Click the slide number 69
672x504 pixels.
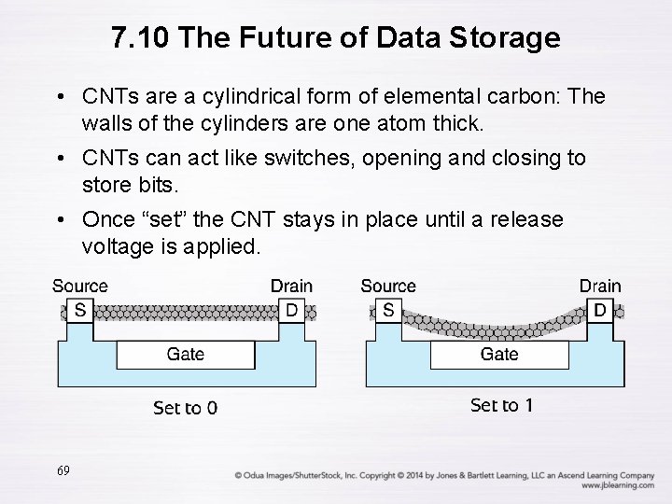pyautogui.click(x=63, y=471)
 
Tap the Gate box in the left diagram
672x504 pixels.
pyautogui.click(x=185, y=355)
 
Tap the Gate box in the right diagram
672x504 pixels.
pyautogui.click(x=499, y=355)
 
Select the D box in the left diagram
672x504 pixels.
pyautogui.click(x=292, y=310)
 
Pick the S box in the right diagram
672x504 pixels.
pyautogui.click(x=387, y=310)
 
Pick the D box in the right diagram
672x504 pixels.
pyautogui.click(x=600, y=310)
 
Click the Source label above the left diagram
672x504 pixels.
pyautogui.click(x=80, y=287)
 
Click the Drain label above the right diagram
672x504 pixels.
pyautogui.click(x=600, y=287)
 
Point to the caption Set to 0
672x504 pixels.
pyautogui.click(x=185, y=408)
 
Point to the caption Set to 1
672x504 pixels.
pyautogui.click(x=501, y=405)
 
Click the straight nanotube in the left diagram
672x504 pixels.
pyautogui.click(x=185, y=312)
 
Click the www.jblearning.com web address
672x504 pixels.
pyautogui.click(x=617, y=485)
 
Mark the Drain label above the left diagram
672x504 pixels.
pyautogui.click(x=292, y=287)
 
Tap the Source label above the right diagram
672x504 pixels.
pyautogui.click(x=388, y=287)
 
